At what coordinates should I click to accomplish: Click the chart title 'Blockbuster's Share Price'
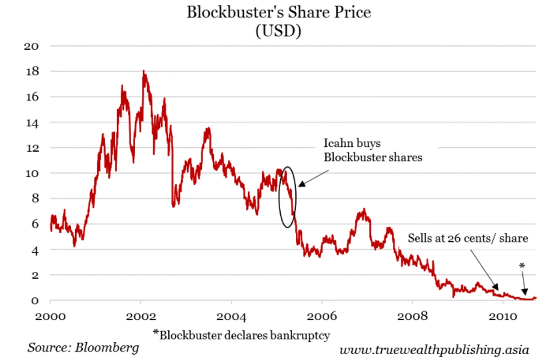click(279, 12)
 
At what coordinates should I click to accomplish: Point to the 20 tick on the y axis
click(32, 46)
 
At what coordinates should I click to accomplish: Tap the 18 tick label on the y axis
click(32, 71)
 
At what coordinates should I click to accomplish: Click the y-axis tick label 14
click(32, 122)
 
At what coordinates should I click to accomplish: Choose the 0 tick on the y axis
click(35, 301)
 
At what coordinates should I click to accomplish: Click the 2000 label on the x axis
click(50, 316)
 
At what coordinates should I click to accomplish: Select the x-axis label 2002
click(141, 316)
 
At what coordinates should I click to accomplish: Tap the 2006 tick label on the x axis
click(322, 316)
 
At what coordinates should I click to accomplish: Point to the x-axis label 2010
click(503, 316)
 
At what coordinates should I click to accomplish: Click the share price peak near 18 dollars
click(143, 71)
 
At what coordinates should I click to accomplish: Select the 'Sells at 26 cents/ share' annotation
click(468, 238)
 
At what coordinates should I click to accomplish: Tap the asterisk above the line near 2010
click(522, 266)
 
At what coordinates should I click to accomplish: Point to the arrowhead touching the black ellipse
click(299, 185)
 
